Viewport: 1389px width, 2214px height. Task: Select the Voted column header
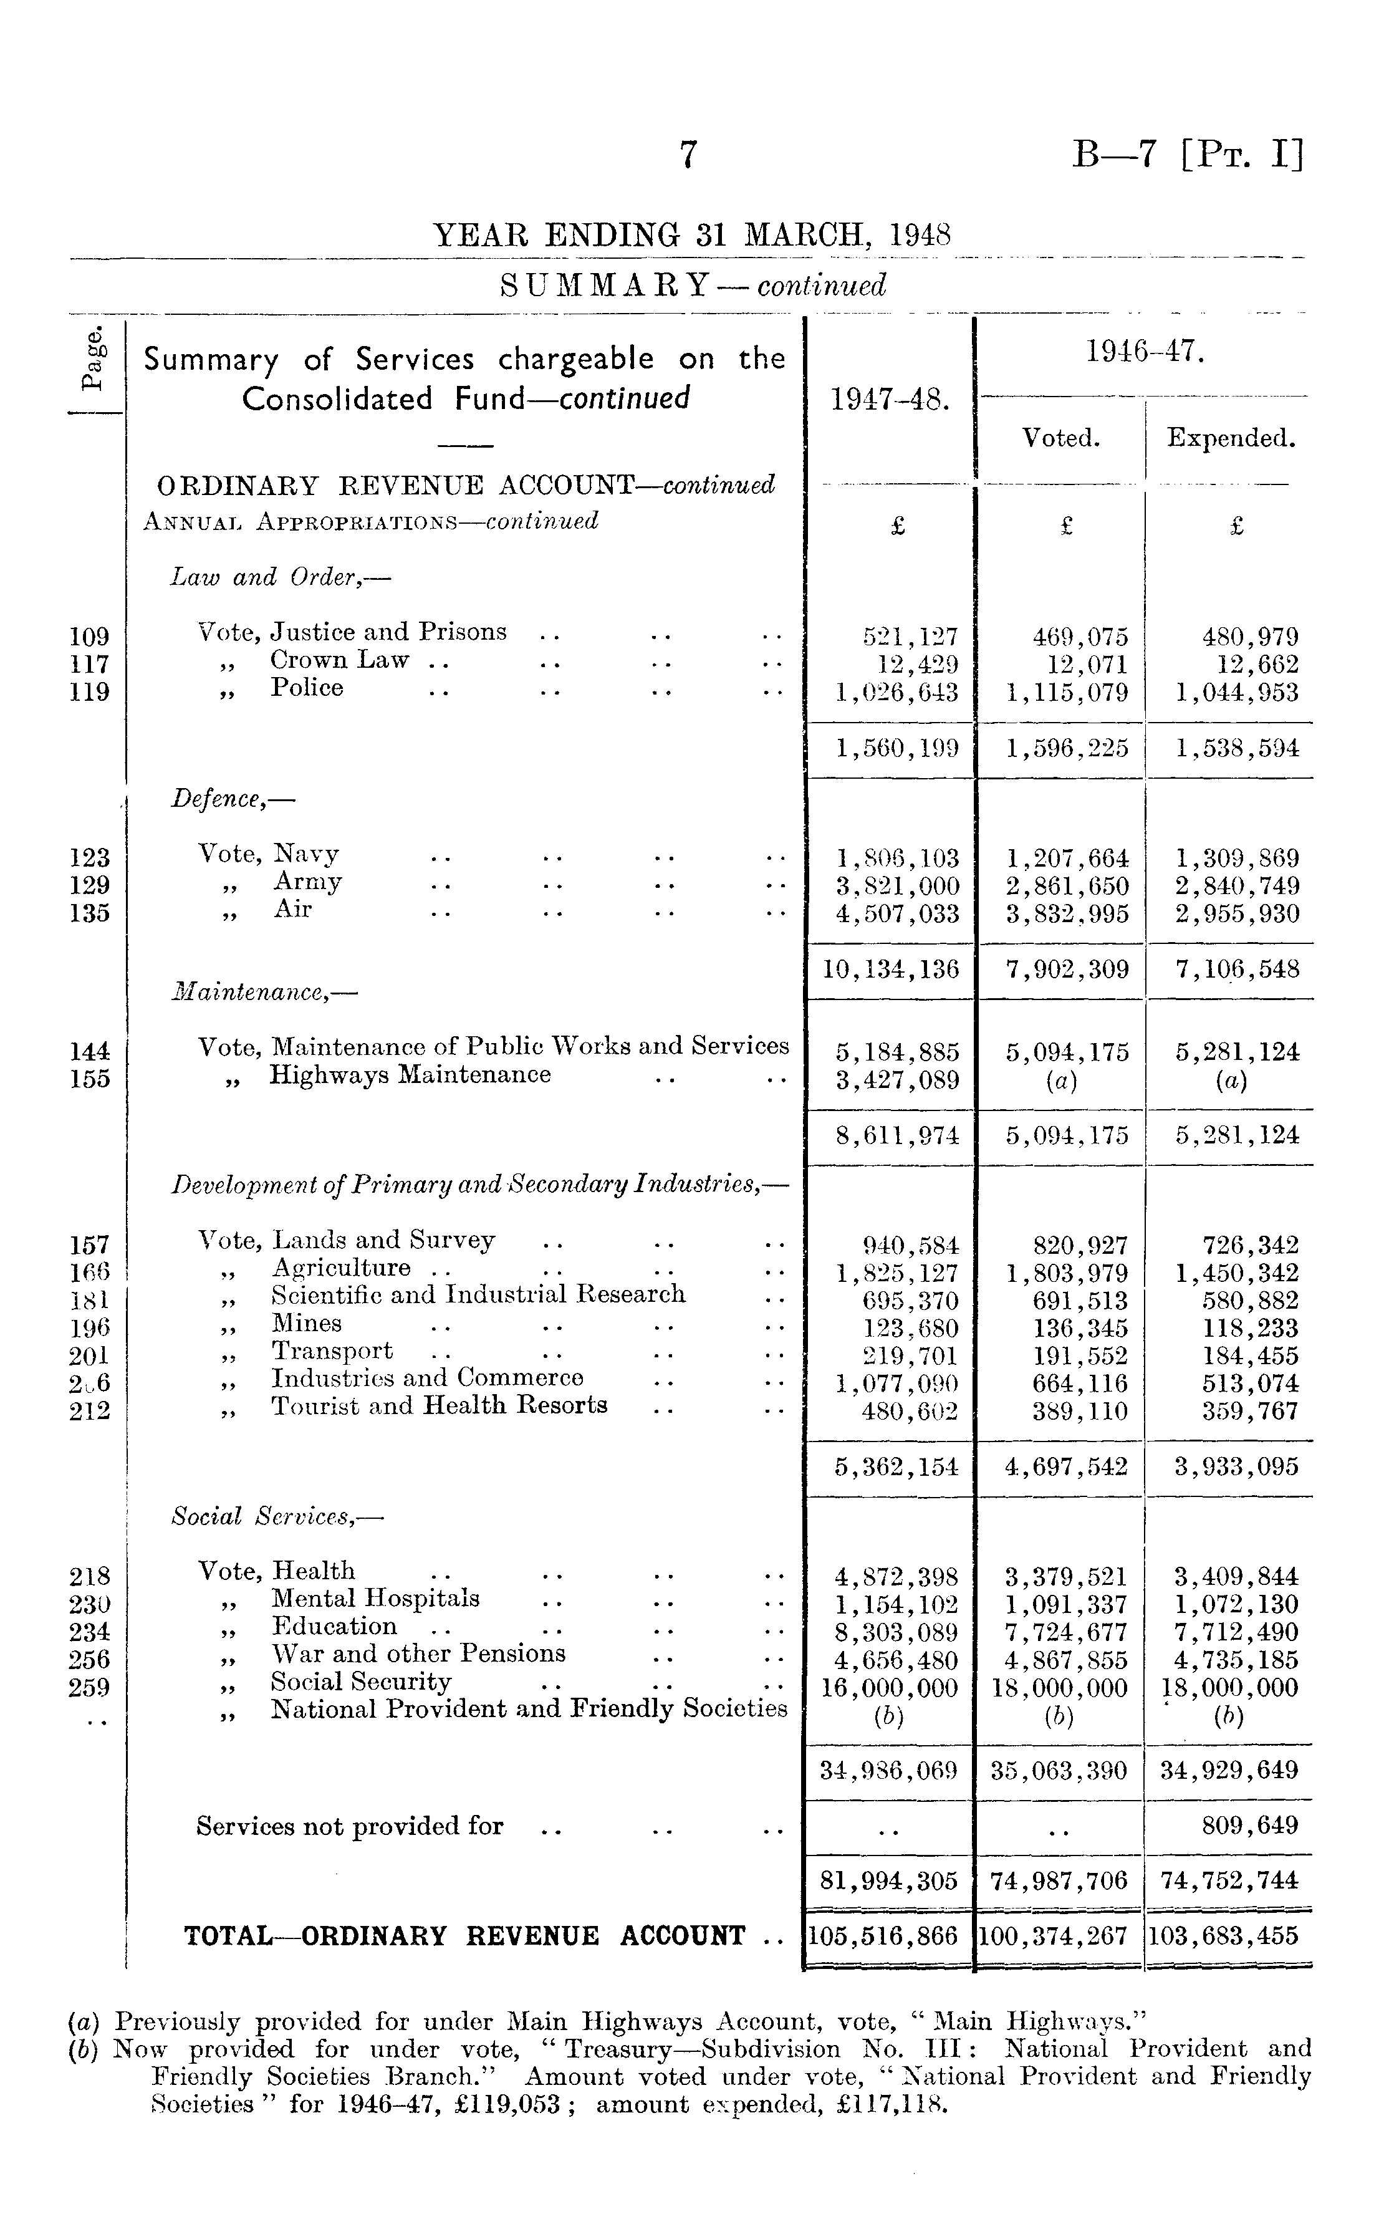click(x=1061, y=438)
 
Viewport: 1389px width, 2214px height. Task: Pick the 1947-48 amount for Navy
click(x=898, y=858)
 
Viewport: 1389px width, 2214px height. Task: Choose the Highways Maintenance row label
click(x=410, y=1075)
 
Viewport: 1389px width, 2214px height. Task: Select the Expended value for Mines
click(x=1250, y=1329)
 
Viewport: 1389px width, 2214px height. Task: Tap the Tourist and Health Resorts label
click(x=439, y=1405)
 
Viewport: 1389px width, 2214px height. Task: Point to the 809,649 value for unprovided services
click(x=1250, y=1826)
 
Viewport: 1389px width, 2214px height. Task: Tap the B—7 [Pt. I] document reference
click(x=1187, y=155)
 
